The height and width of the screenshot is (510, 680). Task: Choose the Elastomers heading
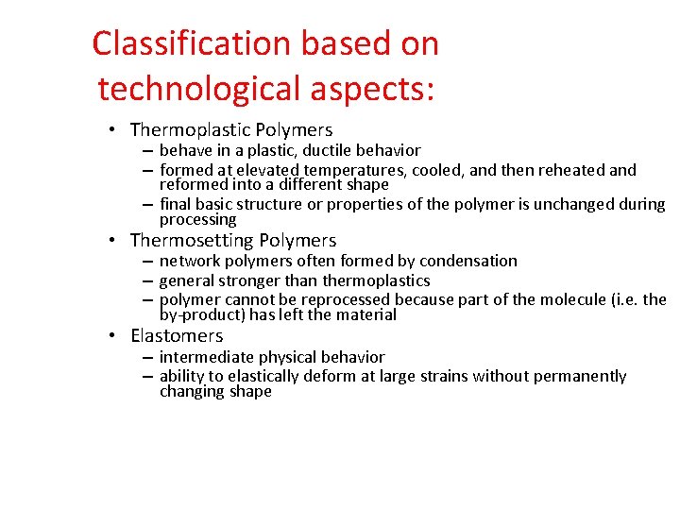click(177, 335)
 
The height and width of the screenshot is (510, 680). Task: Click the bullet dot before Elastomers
click(111, 335)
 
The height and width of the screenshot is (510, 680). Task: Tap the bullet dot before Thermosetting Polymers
click(111, 240)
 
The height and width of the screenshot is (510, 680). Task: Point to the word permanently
click(580, 376)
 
